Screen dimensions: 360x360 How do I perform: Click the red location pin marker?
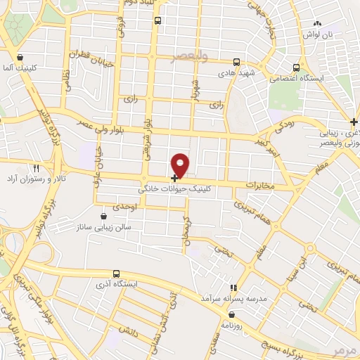tap(181, 164)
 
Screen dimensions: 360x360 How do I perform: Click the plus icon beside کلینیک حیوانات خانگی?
tap(174, 178)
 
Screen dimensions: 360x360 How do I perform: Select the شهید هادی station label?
tap(235, 73)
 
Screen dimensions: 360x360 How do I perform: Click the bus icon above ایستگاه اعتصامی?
tap(297, 67)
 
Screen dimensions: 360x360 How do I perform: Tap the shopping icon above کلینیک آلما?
tap(20, 58)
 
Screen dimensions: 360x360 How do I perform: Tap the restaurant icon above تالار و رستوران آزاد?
tap(37, 169)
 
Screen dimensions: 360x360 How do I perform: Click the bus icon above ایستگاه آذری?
tap(117, 273)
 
